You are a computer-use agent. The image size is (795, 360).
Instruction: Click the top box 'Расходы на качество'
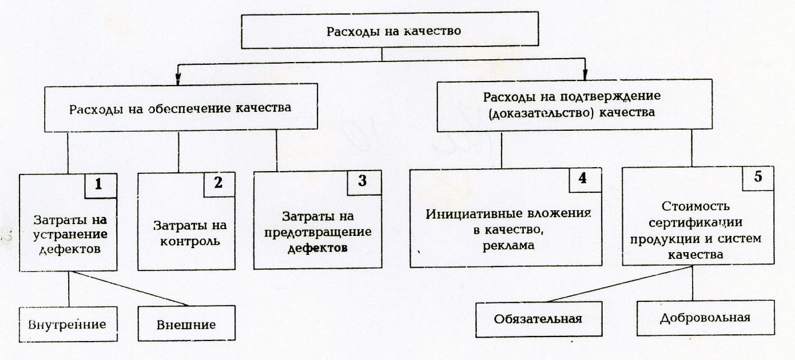pyautogui.click(x=393, y=31)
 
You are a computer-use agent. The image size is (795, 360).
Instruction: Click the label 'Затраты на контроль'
pyautogui.click(x=186, y=234)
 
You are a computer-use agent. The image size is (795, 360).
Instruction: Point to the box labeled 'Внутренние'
pyautogui.click(x=66, y=323)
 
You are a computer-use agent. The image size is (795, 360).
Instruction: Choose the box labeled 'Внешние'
pyautogui.click(x=186, y=324)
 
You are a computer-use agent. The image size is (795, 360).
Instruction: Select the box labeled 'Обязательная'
pyautogui.click(x=538, y=319)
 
